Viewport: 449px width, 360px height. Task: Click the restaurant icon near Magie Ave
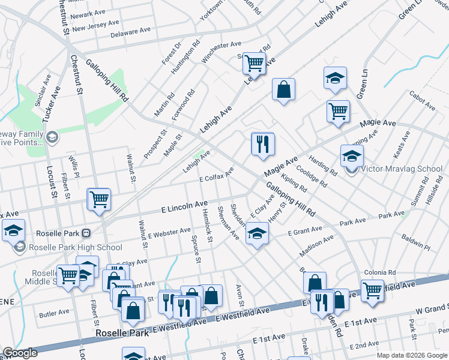[262, 144]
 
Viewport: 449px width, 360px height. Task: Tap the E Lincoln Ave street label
[185, 207]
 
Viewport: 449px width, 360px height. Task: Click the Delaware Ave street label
[130, 31]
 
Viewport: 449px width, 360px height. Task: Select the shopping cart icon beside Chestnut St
[99, 199]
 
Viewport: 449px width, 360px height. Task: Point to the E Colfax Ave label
[216, 176]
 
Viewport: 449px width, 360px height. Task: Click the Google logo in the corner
[20, 353]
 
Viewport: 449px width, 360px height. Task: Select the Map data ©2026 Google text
[412, 355]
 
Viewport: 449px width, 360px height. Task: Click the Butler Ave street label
[54, 313]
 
